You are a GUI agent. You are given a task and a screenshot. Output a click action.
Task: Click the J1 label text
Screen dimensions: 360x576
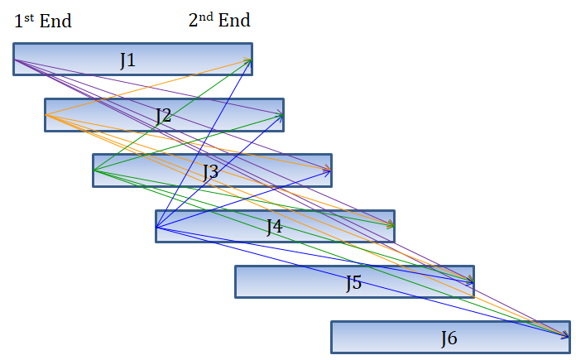click(x=127, y=60)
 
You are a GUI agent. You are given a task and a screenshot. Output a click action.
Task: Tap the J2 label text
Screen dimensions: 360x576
click(x=164, y=116)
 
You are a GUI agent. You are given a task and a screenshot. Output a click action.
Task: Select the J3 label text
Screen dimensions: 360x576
click(x=211, y=172)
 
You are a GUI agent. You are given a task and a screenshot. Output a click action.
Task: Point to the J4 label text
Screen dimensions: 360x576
click(x=274, y=227)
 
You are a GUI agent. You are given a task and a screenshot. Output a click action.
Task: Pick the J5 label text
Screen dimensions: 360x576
click(x=353, y=283)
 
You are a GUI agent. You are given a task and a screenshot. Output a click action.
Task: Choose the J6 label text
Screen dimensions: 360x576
click(x=449, y=338)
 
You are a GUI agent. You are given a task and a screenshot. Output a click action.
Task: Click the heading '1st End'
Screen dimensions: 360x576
click(x=43, y=21)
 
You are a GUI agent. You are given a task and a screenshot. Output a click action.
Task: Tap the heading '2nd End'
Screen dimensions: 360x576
click(x=219, y=21)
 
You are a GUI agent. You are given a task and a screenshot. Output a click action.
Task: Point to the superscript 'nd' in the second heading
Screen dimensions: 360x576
click(x=206, y=17)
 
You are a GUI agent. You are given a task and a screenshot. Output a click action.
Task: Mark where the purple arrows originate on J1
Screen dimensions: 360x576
click(x=15, y=60)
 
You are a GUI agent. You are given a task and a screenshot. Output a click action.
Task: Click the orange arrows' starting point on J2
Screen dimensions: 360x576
click(x=46, y=115)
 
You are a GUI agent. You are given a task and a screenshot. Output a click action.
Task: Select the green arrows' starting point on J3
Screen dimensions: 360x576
click(x=94, y=170)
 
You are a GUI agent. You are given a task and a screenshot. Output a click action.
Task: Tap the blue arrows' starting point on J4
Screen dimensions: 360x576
click(x=157, y=227)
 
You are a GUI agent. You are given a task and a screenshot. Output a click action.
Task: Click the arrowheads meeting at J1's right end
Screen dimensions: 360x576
click(x=249, y=60)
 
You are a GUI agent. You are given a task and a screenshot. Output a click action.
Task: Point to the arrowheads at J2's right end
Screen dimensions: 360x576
click(x=281, y=115)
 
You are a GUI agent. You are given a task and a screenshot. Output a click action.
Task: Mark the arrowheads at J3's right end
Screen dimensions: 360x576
click(x=329, y=170)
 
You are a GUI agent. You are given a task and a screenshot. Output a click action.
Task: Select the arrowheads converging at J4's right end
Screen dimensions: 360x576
click(x=392, y=225)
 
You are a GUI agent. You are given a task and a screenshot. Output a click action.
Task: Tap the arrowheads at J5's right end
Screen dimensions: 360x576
click(x=472, y=281)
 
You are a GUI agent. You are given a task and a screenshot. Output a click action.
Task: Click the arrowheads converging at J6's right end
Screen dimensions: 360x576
click(x=567, y=334)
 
